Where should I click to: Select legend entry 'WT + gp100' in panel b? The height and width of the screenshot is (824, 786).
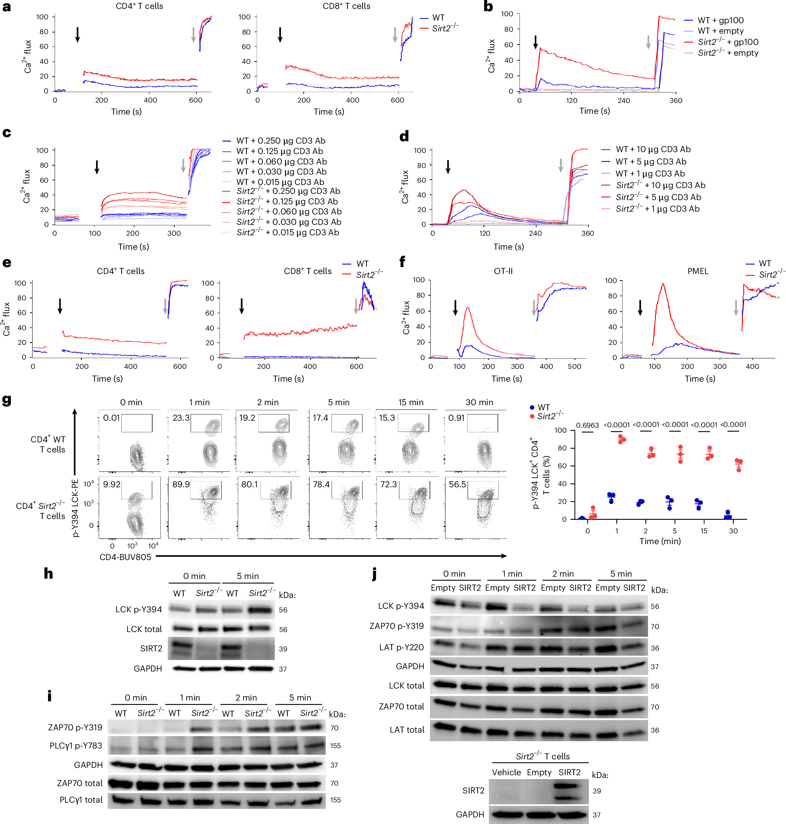720,20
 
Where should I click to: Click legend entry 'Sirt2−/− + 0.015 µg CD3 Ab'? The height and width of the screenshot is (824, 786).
287,232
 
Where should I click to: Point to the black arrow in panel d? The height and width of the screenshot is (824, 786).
448,167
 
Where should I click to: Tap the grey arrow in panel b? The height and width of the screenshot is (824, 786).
648,42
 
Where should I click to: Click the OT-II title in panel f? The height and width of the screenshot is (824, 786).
503,271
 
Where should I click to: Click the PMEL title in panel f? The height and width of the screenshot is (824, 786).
698,271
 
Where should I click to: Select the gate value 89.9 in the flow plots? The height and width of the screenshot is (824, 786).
181,484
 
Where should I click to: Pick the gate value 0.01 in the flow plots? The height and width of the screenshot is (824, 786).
112,418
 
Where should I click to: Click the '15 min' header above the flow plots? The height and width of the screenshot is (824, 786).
411,402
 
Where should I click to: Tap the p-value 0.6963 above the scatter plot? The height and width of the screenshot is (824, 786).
587,425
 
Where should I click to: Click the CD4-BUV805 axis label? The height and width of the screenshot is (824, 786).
125,557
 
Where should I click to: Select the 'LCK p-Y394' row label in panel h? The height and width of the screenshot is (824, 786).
138,609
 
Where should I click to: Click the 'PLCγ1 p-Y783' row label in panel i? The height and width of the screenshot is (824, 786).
76,745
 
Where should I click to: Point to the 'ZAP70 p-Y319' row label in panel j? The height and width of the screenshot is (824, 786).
396,626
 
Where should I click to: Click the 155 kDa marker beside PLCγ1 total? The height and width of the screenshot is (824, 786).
335,800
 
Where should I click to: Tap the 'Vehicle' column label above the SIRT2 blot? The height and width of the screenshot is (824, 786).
506,772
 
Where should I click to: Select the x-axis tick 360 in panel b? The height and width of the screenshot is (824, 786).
675,101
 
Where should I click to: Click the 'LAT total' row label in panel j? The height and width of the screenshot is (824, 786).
406,730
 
